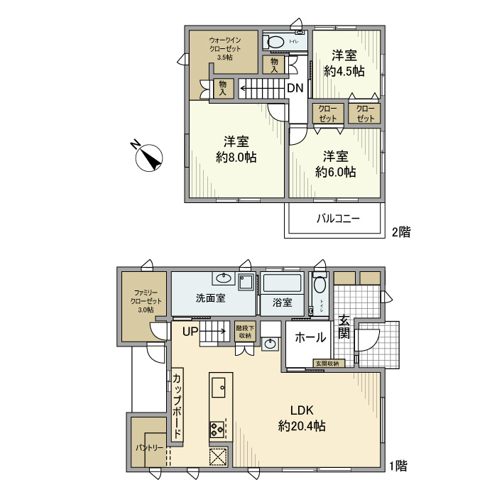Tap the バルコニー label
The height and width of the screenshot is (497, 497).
[x=337, y=219]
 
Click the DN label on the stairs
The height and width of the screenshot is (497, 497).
[x=295, y=88]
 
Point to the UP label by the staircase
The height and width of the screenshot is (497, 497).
[x=190, y=331]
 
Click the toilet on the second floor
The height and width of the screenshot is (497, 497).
[x=276, y=42]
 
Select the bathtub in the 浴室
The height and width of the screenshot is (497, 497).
[x=282, y=285]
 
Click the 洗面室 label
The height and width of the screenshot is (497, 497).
[x=211, y=298]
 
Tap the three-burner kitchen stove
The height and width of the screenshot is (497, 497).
[x=217, y=428]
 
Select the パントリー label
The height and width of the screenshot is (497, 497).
[x=150, y=448]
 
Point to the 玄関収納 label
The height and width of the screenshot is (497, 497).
[x=327, y=364]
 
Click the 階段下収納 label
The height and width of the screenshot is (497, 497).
[x=244, y=332]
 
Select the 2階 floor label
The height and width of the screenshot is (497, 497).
[x=400, y=231]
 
